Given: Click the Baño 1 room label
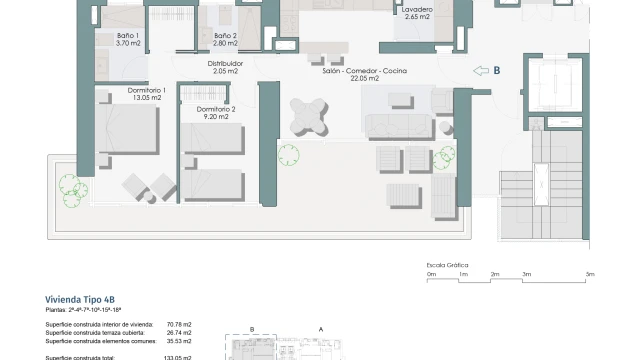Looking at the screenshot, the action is pyautogui.click(x=128, y=39).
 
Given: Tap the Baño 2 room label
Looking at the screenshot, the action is pyautogui.click(x=225, y=39).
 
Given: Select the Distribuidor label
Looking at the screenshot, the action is pyautogui.click(x=225, y=67).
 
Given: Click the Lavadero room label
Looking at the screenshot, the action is pyautogui.click(x=417, y=13).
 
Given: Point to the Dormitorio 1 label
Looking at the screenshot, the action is pyautogui.click(x=147, y=94).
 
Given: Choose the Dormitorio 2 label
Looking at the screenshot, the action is pyautogui.click(x=216, y=113).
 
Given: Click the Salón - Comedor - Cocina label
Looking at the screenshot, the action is pyautogui.click(x=364, y=74).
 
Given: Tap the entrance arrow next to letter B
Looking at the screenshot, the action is pyautogui.click(x=481, y=71).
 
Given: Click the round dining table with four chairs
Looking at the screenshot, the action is pyautogui.click(x=309, y=117).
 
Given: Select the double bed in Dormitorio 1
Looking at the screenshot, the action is pyautogui.click(x=127, y=129).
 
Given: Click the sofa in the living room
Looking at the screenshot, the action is pyautogui.click(x=400, y=127).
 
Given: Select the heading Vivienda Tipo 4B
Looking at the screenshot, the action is pyautogui.click(x=80, y=300).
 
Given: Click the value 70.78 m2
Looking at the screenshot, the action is pyautogui.click(x=179, y=324).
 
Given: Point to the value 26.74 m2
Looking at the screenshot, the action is pyautogui.click(x=179, y=333).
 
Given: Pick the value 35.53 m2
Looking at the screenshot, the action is pyautogui.click(x=179, y=341).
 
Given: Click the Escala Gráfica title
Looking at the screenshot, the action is pyautogui.click(x=447, y=265).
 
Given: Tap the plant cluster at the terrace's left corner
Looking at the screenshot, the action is pyautogui.click(x=73, y=191).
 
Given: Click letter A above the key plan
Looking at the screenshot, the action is pyautogui.click(x=321, y=329).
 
